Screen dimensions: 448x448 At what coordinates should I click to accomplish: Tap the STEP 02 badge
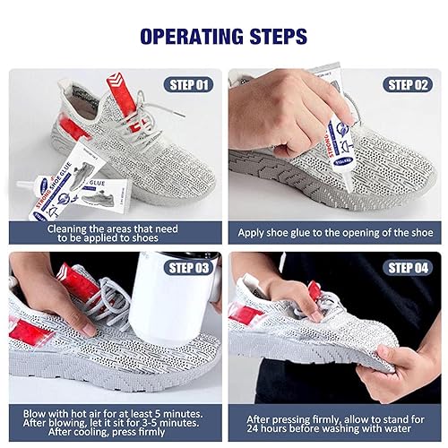409,84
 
